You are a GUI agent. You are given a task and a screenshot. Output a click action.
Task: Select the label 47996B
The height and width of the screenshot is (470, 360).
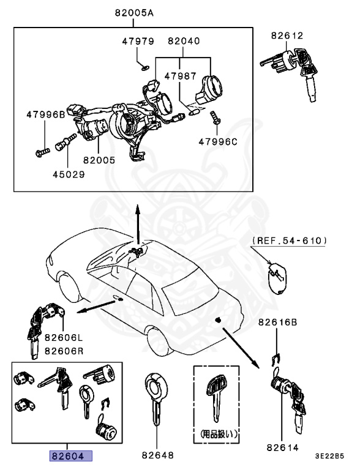45,114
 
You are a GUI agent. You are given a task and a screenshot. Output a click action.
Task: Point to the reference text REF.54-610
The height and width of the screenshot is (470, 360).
288,241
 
